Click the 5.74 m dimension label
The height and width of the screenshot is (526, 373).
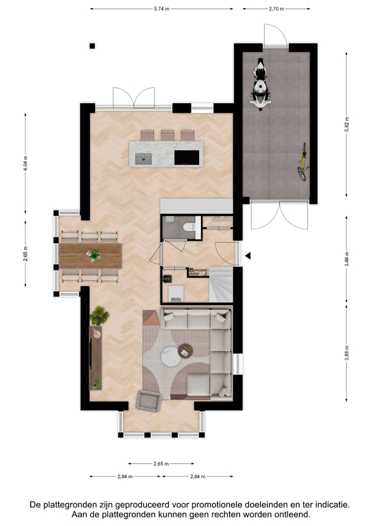point(162,9)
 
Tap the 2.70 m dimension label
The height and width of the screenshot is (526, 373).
point(277,9)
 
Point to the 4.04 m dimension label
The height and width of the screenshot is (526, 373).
point(25,163)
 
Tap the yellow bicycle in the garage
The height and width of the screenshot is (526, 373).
point(303,164)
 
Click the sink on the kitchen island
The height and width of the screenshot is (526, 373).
point(142,158)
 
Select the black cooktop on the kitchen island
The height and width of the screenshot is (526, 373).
point(187,157)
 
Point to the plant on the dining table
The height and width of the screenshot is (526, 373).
point(94,254)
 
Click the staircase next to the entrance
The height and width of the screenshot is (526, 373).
point(221,284)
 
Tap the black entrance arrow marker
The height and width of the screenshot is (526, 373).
point(248,256)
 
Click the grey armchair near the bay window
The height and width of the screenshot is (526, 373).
point(149,400)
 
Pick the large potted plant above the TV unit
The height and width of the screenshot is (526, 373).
point(98,315)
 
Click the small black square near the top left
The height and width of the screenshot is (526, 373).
point(92,46)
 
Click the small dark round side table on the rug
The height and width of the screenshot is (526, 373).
point(185,351)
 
